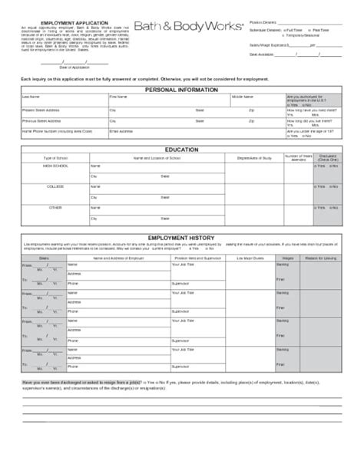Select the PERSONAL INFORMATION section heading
[182, 90]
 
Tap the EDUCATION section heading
[182, 149]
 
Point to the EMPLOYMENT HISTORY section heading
[182, 239]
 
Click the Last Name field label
[31, 97]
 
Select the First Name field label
[117, 97]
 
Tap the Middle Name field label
[242, 97]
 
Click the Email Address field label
[121, 131]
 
